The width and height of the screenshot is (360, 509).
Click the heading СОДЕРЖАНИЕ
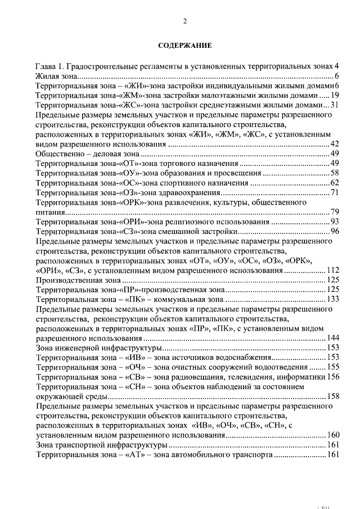point(184,45)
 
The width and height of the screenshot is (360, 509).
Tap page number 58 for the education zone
point(334,173)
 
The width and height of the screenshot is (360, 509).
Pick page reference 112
point(332,271)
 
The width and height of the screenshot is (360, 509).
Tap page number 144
point(332,340)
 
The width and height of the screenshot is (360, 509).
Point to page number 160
point(332,435)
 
